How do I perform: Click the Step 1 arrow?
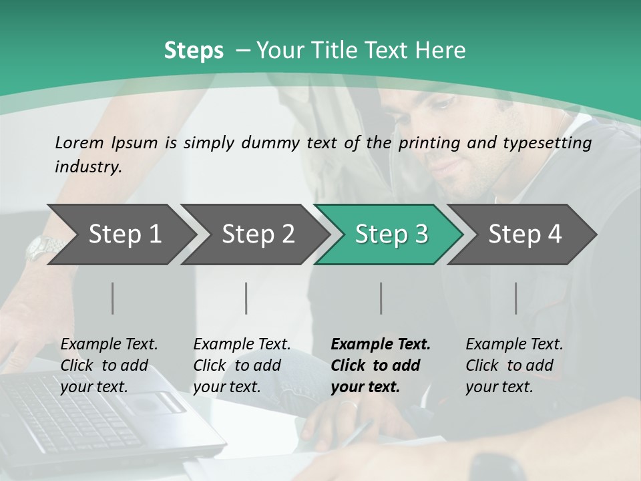pyautogui.click(x=120, y=234)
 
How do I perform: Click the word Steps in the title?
pyautogui.click(x=194, y=50)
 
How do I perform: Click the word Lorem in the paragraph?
pyautogui.click(x=79, y=142)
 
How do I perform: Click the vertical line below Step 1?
pyautogui.click(x=113, y=298)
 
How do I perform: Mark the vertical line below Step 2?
pyautogui.click(x=246, y=298)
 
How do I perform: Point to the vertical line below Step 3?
pyautogui.click(x=381, y=298)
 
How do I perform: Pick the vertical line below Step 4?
pyautogui.click(x=516, y=298)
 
